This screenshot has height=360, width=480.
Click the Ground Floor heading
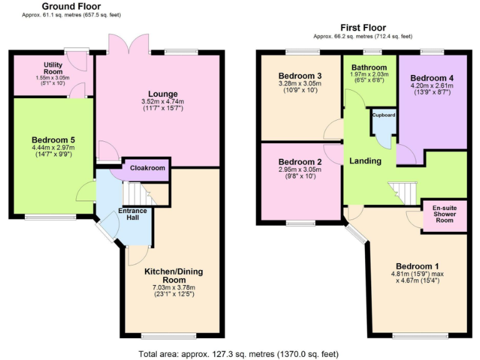67,6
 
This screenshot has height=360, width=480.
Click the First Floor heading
362,27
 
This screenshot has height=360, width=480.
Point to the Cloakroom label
147,168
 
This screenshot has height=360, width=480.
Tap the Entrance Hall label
132,214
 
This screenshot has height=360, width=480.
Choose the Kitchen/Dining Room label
173,276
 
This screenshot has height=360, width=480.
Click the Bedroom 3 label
300,76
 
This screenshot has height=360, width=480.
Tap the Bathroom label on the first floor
369,67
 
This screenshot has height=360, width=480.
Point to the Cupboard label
384,115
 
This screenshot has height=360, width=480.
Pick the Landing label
365,161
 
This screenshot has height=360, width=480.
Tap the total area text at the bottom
239,353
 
